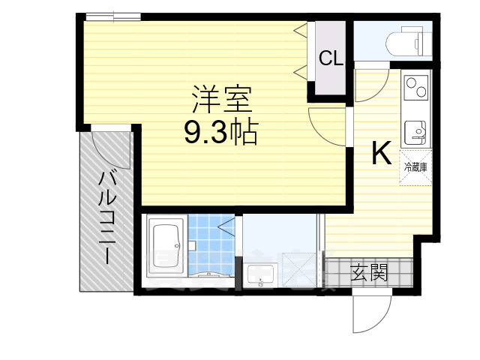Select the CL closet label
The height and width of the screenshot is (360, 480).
pos(331,58)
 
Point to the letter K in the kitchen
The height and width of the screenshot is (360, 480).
pos(381,154)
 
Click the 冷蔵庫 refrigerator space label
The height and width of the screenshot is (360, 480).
pos(415,167)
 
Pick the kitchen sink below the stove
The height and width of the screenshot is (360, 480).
pos(415,133)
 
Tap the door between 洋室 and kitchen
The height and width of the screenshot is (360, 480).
pos(328,124)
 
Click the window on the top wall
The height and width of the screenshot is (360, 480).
pos(112,15)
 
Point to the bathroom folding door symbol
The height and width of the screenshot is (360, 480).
pos(226,225)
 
